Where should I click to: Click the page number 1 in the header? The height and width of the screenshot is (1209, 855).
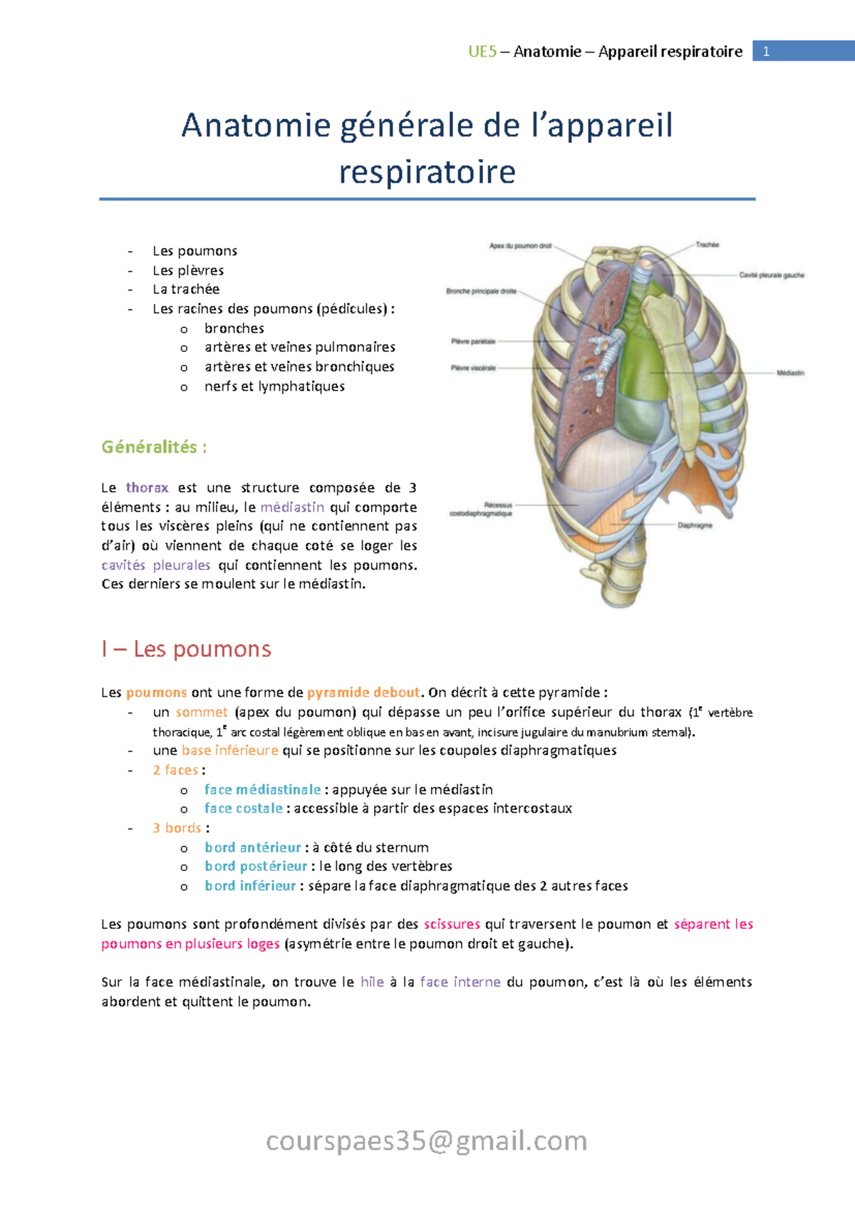(766, 51)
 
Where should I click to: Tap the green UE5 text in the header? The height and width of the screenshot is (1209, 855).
(482, 51)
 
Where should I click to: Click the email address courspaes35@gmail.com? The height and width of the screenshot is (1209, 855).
(426, 1141)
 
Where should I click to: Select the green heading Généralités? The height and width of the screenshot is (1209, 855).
(154, 447)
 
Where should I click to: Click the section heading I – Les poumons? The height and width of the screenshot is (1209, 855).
(186, 649)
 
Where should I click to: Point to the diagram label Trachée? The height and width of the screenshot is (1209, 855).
(707, 245)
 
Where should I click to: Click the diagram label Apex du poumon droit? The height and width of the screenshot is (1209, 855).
(520, 246)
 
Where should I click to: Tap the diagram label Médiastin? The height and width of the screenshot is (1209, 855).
(789, 373)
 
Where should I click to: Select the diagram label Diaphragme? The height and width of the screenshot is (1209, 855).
(694, 525)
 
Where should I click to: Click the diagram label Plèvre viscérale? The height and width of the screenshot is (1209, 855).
(472, 368)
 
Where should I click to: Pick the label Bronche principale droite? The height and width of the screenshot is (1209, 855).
(481, 291)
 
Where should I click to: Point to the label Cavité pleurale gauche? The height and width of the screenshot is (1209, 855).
(771, 275)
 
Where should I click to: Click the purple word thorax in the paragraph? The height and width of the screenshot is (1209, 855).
(147, 488)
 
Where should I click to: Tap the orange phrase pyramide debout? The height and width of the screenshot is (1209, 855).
(363, 692)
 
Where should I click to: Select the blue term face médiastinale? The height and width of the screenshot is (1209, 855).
(262, 789)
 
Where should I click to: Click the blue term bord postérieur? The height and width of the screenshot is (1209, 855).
(256, 866)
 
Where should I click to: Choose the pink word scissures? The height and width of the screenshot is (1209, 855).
(452, 924)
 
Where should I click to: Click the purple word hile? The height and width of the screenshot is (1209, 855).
(372, 982)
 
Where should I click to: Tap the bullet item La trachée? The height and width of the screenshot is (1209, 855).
(185, 289)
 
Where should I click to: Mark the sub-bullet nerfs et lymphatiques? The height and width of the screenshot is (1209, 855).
(274, 386)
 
